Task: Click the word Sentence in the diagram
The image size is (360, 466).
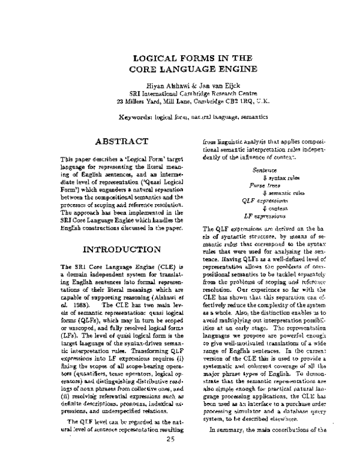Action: pyautogui.click(x=265, y=171)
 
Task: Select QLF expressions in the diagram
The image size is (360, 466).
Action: pyautogui.click(x=265, y=200)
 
